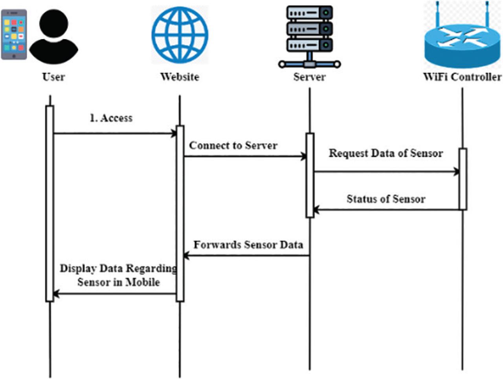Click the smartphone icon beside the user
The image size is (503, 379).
coord(14,35)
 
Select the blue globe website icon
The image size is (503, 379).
coord(180,35)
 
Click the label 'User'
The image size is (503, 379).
coord(53,77)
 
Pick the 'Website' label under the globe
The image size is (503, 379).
coord(180,77)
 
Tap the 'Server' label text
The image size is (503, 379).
coord(309,77)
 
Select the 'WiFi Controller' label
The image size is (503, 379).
coord(462,77)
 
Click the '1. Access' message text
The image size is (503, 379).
coord(111,118)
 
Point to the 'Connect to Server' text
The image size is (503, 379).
coord(233,146)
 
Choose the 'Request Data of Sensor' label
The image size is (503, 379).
coord(386,153)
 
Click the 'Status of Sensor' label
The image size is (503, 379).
coord(386,199)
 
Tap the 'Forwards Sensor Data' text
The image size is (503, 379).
coord(248,245)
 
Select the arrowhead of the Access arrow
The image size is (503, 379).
coord(174,134)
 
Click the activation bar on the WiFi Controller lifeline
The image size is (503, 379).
coord(463,179)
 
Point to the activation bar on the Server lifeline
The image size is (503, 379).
coord(310,175)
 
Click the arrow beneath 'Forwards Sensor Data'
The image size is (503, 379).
coord(246,256)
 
